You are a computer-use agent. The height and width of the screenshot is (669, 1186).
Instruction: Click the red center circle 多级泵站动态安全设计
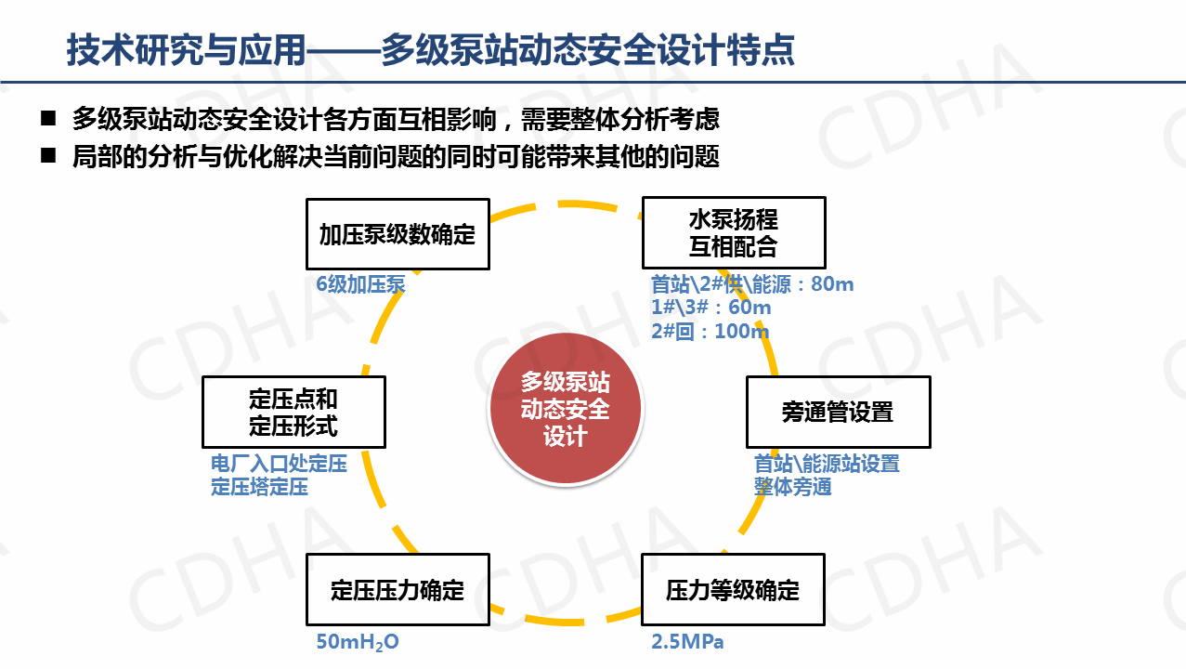(x=565, y=409)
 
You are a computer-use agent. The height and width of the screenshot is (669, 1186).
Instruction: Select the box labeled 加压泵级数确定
(x=398, y=234)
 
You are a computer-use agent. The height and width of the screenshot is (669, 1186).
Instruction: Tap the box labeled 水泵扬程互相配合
(x=733, y=233)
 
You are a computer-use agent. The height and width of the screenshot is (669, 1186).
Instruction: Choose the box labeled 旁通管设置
(x=838, y=412)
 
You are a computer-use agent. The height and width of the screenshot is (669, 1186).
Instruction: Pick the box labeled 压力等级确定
(x=733, y=590)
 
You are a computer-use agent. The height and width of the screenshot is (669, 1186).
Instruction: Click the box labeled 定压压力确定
(x=398, y=590)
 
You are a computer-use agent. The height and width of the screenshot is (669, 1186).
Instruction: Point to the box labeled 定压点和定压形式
(x=293, y=412)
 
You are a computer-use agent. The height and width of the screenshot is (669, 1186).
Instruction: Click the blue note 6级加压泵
(x=360, y=284)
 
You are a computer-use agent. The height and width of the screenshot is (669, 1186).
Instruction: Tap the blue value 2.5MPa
(x=687, y=641)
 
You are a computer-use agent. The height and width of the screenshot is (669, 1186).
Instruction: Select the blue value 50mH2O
(x=358, y=641)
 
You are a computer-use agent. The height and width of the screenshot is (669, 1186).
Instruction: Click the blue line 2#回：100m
(x=710, y=331)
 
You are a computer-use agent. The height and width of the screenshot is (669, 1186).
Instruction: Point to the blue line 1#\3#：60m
(x=710, y=308)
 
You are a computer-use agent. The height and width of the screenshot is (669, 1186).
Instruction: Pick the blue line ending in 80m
(x=751, y=284)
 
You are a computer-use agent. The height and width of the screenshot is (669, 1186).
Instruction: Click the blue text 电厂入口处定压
(x=279, y=464)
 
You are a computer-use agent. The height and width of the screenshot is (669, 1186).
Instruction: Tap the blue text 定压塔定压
(x=259, y=486)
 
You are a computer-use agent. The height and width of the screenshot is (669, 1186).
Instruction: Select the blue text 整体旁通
(x=792, y=486)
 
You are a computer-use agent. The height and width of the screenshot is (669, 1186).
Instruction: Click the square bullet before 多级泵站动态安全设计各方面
(x=48, y=118)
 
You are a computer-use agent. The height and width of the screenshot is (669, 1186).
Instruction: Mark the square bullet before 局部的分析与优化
(x=48, y=155)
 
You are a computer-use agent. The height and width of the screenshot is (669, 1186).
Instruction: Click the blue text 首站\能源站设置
(x=827, y=464)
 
